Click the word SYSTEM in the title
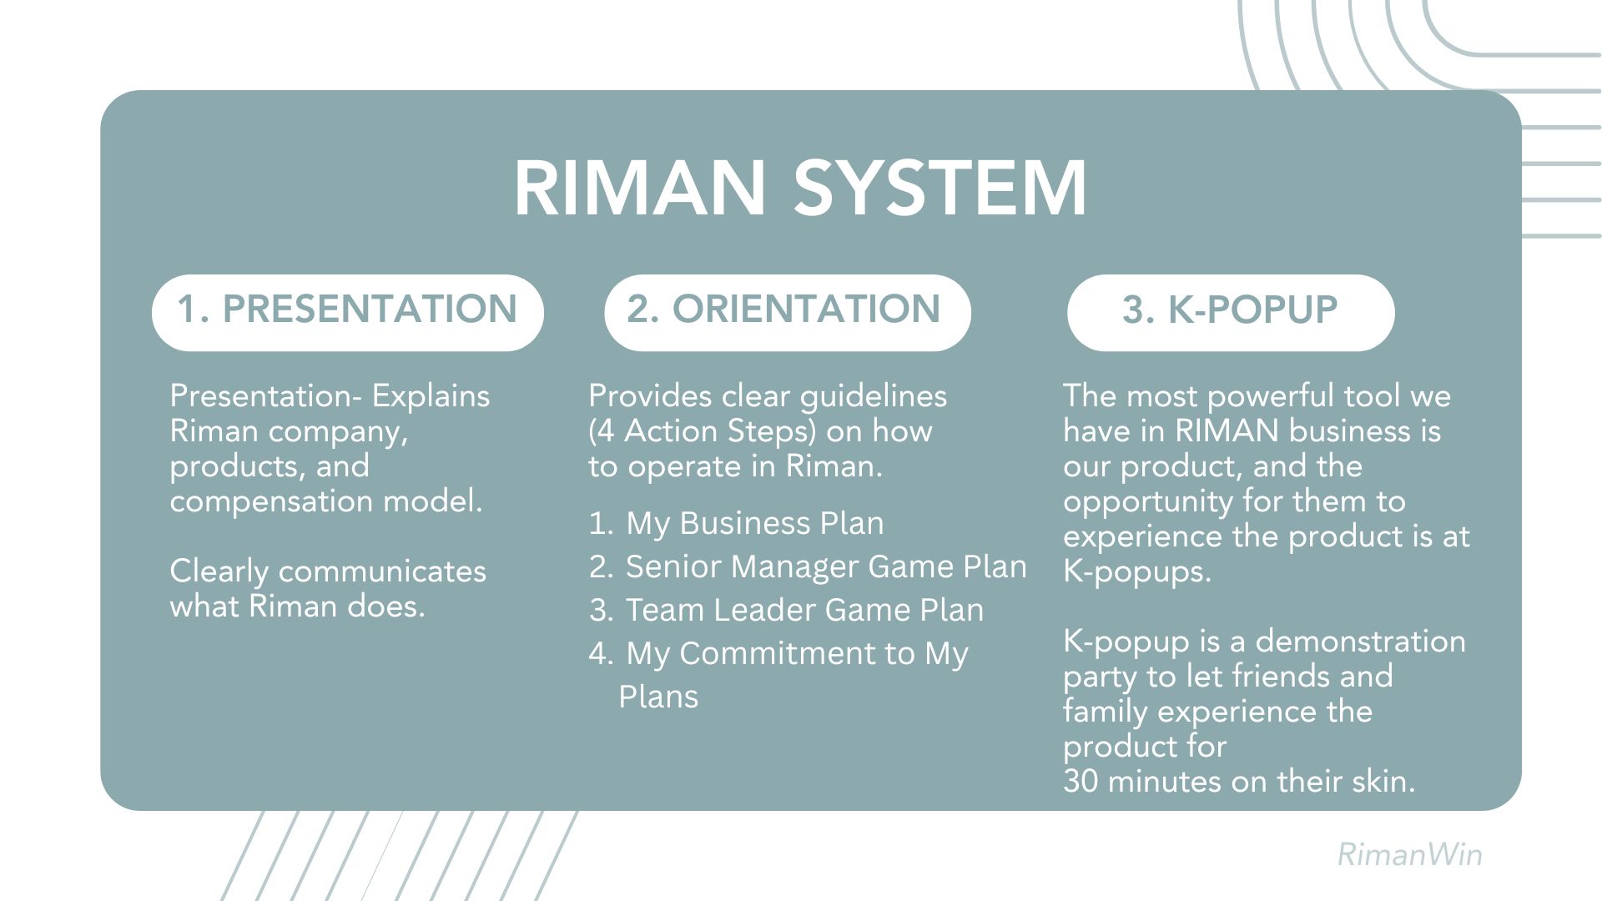click(x=940, y=188)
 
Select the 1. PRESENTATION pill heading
click(x=348, y=312)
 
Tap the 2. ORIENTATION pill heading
click(x=788, y=312)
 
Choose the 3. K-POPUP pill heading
click(x=1231, y=312)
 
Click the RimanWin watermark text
click(x=1409, y=854)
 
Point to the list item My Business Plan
click(x=754, y=523)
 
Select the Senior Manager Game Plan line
click(x=826, y=566)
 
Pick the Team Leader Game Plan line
click(x=804, y=610)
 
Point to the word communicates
click(x=381, y=571)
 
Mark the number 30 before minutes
click(x=1081, y=782)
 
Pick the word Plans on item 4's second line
click(x=658, y=697)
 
